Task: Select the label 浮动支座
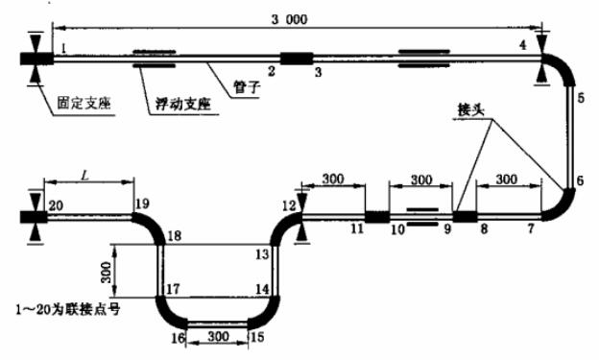(179, 101)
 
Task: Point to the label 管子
(249, 86)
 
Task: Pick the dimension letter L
(86, 177)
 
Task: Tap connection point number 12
(289, 205)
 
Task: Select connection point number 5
(580, 97)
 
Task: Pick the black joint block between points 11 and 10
(377, 217)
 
